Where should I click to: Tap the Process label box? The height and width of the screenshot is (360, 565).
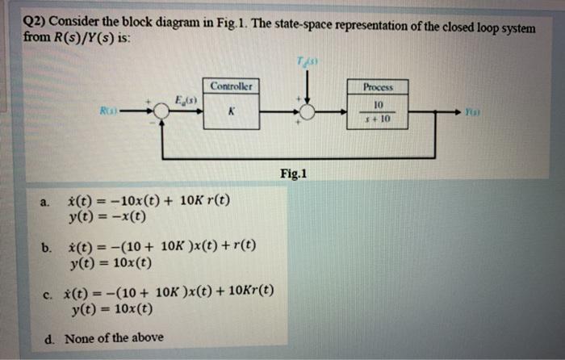(377, 86)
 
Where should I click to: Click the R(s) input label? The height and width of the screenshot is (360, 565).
(125, 112)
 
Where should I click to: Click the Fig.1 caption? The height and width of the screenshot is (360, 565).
(294, 174)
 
